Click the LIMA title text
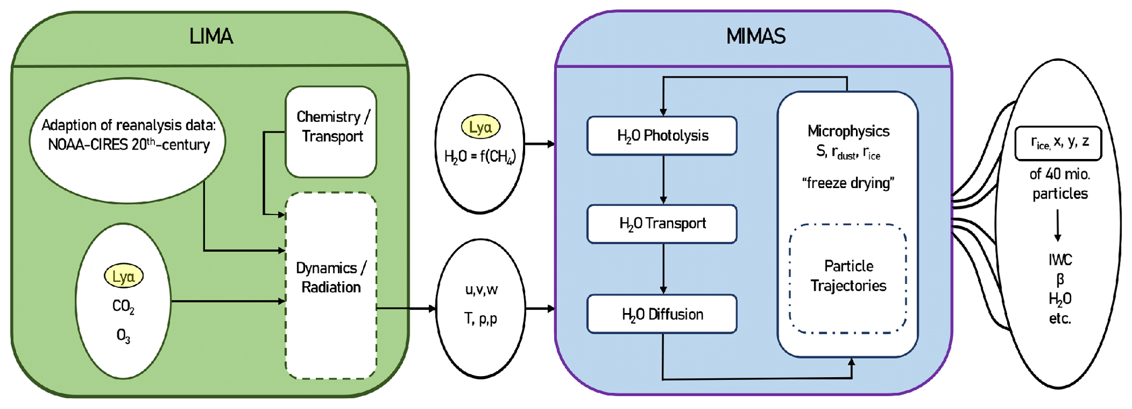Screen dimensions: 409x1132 (x=211, y=37)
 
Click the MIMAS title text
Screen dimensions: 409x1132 (x=756, y=37)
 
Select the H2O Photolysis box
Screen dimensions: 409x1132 (x=662, y=135)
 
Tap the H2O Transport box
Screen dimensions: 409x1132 (x=662, y=224)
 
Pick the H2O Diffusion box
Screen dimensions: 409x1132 (x=662, y=314)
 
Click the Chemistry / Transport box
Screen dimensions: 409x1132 (x=331, y=132)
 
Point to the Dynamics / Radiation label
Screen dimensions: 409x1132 (x=331, y=277)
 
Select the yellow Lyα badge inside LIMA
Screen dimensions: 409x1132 (x=124, y=276)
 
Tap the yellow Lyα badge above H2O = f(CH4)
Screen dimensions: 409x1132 (x=480, y=127)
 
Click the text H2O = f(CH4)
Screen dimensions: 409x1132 (x=480, y=157)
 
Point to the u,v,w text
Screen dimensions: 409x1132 (x=481, y=289)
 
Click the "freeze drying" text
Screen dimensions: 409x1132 (x=848, y=183)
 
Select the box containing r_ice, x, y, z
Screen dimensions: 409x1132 (x=1058, y=143)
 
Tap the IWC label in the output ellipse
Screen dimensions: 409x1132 (x=1060, y=260)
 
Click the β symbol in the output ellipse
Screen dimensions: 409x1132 (x=1060, y=280)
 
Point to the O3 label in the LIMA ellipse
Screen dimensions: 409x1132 (x=124, y=336)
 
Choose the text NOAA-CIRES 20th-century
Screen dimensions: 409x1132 (x=129, y=145)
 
